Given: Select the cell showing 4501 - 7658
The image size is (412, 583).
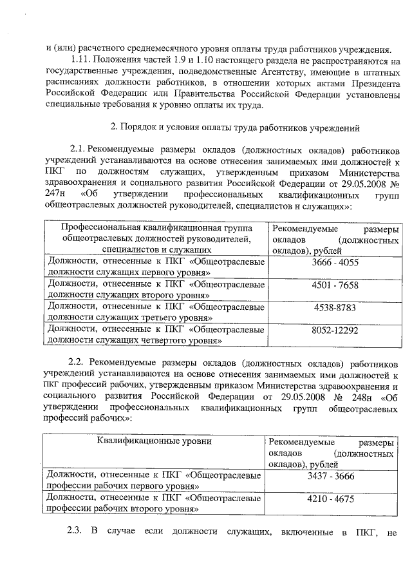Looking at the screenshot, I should pyautogui.click(x=335, y=285).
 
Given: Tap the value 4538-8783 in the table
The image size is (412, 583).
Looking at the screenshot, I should pyautogui.click(x=335, y=307).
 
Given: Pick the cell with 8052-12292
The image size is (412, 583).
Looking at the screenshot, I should pyautogui.click(x=335, y=330).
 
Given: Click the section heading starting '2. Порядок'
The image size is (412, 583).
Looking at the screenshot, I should pyautogui.click(x=223, y=125).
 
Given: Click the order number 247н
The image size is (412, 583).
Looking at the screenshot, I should pyautogui.click(x=55, y=195).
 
